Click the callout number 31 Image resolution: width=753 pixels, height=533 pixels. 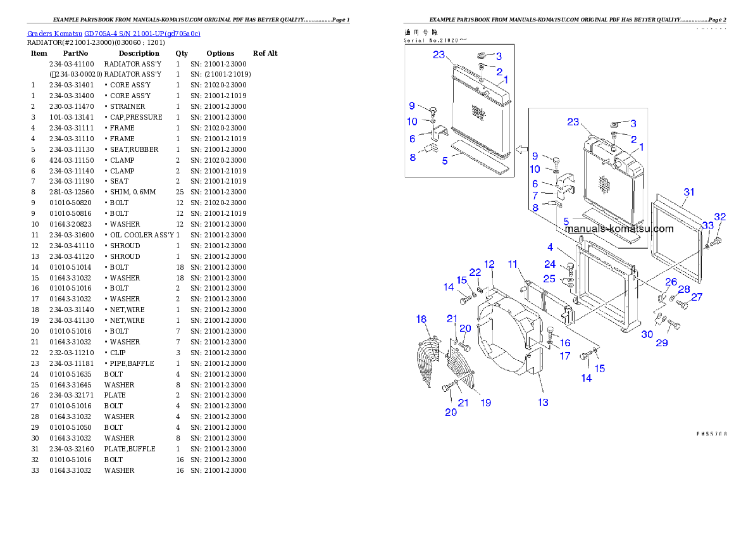689,192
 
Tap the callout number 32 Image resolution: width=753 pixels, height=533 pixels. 719,216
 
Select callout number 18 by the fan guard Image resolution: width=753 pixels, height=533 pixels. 421,319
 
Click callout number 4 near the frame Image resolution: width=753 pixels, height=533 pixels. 551,246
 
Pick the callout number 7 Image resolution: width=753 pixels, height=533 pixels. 535,195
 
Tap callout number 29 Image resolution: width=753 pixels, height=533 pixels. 661,343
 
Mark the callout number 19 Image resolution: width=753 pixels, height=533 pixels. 485,403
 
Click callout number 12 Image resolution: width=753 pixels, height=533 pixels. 489,264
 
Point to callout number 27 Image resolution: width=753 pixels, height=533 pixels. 696,296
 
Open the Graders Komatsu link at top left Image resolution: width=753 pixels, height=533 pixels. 114,34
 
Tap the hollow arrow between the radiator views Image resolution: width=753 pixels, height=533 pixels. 522,149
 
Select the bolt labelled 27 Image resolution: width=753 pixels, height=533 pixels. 682,304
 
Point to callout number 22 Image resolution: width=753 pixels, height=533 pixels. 475,272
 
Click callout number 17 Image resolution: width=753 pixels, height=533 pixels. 565,356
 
